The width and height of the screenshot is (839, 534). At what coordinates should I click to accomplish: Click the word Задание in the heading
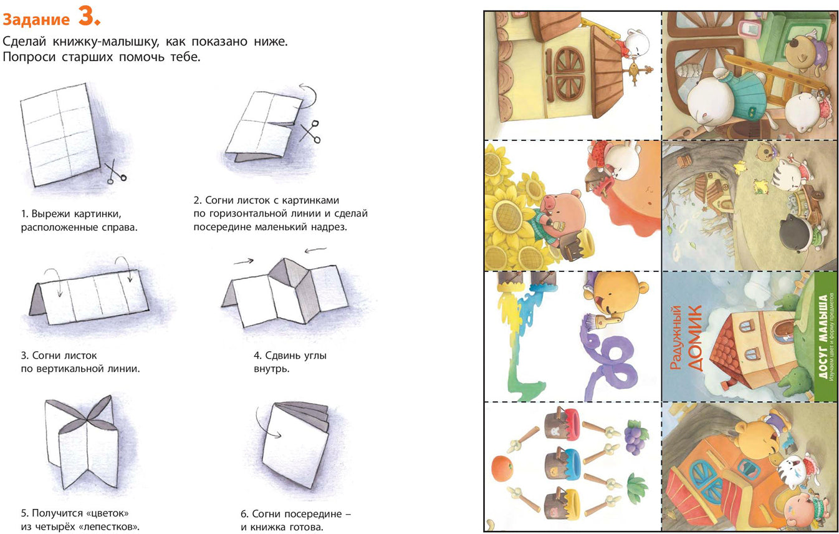pos(36,19)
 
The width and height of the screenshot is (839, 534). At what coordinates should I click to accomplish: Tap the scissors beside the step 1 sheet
pos(115,172)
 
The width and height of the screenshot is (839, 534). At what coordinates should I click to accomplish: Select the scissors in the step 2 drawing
pos(310,131)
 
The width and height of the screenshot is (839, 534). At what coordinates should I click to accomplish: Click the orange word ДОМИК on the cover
pos(695,338)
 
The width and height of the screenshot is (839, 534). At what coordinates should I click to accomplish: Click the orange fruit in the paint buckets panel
pos(502,468)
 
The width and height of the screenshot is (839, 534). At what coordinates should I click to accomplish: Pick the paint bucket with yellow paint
pos(562,504)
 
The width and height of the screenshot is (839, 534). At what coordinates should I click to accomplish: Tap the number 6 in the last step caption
pos(244,513)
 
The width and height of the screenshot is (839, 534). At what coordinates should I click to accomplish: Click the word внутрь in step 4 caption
pos(272,369)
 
